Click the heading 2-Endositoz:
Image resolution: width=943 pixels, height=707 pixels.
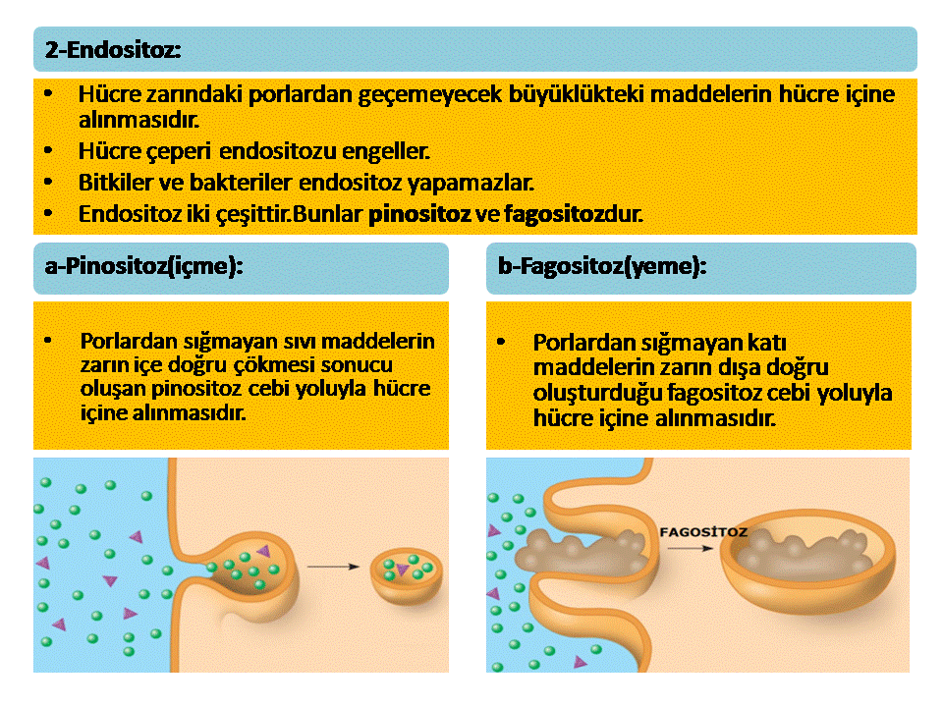(x=113, y=50)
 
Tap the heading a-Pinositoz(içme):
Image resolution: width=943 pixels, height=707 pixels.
(x=143, y=266)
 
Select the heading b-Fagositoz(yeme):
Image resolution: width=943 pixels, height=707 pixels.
(x=602, y=266)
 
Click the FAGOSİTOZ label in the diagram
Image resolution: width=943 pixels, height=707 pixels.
(x=703, y=532)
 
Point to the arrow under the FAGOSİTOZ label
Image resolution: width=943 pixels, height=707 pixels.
(x=690, y=548)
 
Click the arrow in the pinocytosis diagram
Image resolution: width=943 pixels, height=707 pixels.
(x=333, y=567)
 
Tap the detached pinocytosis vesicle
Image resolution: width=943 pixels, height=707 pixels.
(x=406, y=577)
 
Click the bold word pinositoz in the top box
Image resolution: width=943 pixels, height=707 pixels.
(x=419, y=215)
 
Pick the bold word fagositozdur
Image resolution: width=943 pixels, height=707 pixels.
(x=573, y=215)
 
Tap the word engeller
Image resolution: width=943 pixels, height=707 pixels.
(x=386, y=151)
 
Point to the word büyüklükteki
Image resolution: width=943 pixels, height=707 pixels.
(x=577, y=94)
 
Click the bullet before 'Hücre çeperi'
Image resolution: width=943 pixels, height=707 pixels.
(x=48, y=150)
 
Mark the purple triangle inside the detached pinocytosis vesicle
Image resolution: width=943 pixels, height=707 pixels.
(x=402, y=569)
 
